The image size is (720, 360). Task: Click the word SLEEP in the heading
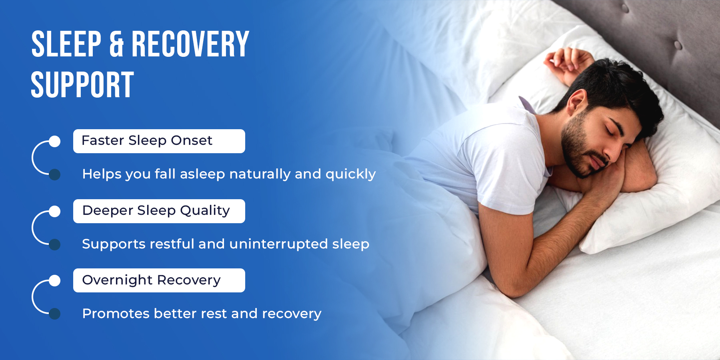tap(66, 44)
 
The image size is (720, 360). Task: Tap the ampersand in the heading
tap(116, 44)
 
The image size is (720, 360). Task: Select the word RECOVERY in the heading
tap(190, 44)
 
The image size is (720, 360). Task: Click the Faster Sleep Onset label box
tap(159, 141)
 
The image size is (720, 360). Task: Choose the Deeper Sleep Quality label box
tap(159, 211)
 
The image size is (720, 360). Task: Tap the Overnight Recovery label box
tap(159, 280)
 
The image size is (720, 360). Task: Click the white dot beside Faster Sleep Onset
tap(55, 141)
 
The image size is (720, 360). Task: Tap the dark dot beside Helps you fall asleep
tap(55, 174)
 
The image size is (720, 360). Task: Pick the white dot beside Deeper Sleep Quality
tap(55, 211)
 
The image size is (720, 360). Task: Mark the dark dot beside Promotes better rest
tap(55, 314)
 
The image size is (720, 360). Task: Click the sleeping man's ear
tap(576, 102)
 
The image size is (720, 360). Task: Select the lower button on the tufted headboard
tap(678, 45)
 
